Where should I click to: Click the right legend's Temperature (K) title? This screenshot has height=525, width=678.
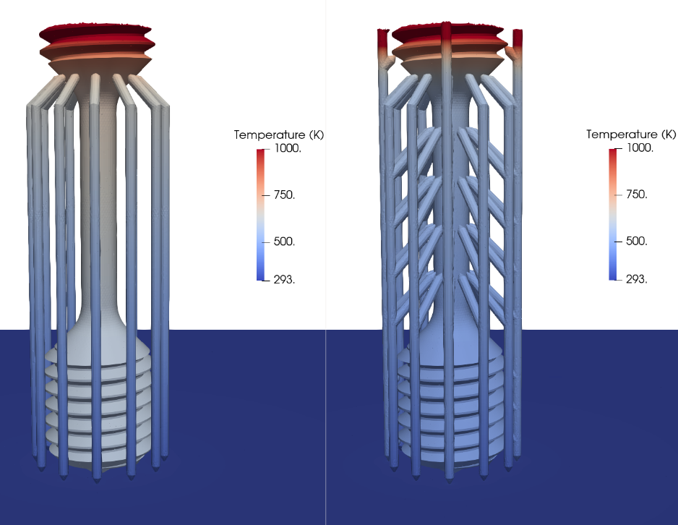pos(630,135)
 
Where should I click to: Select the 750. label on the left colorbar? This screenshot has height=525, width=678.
pos(283,195)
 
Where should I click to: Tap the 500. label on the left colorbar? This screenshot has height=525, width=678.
pos(283,242)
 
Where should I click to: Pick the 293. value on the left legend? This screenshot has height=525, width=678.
pos(283,279)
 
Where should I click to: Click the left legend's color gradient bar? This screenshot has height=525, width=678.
pos(262,214)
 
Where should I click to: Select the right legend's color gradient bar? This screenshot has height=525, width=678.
pos(614,213)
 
